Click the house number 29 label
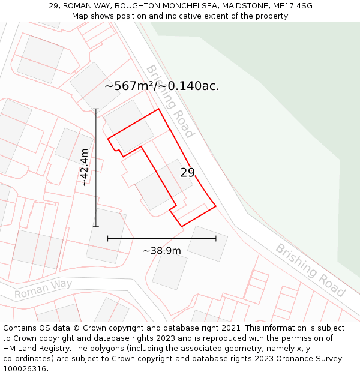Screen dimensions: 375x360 click(187, 173)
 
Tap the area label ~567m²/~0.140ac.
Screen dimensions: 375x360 click(162, 86)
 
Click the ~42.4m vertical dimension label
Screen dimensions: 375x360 click(85, 167)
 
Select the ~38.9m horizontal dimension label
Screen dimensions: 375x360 click(161, 251)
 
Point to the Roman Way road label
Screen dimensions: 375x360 click(43, 289)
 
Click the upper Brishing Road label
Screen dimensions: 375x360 click(170, 101)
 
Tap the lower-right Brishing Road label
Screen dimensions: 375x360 click(310, 270)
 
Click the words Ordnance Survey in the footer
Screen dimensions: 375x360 click(310, 359)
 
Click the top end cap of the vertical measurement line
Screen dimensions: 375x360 click(96, 109)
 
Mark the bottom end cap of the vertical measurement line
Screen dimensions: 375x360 click(96, 226)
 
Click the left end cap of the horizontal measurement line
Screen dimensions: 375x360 click(108, 238)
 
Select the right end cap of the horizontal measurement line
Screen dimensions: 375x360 click(216, 238)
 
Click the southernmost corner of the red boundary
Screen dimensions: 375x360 click(181, 226)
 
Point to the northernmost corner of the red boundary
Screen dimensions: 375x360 click(159, 109)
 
